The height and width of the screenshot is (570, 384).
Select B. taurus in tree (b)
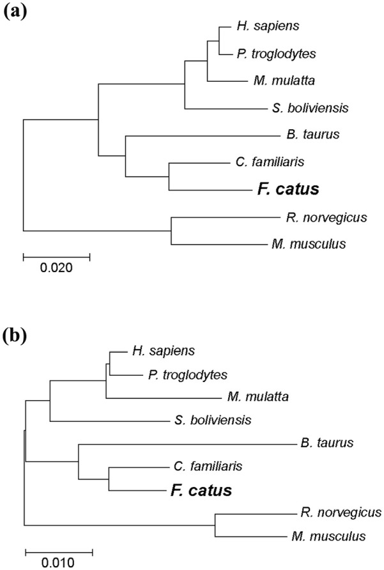[327, 442]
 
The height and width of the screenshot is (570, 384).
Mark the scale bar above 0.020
[56, 256]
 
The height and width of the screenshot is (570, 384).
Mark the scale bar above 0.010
[59, 551]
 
